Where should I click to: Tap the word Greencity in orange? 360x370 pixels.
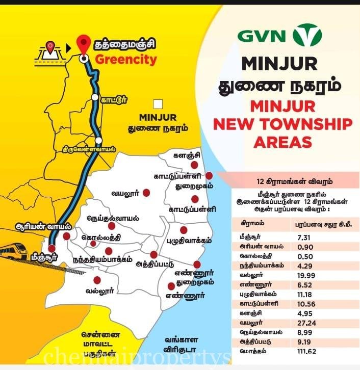click(x=125, y=59)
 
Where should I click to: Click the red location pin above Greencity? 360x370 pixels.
click(x=82, y=45)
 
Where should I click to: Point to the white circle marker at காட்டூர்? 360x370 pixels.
click(x=95, y=97)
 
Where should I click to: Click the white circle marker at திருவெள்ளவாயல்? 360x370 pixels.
click(x=98, y=140)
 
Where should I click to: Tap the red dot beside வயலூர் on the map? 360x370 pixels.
click(x=146, y=193)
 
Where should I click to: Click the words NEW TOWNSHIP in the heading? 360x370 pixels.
click(x=280, y=124)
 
